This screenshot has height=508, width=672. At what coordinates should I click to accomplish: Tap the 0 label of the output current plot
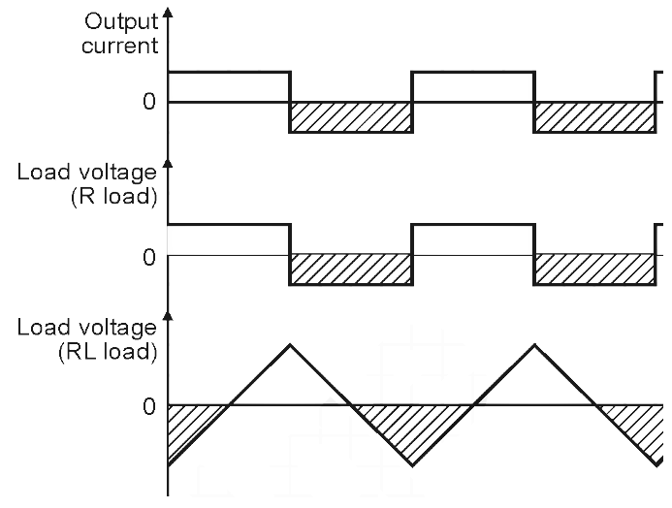(148, 102)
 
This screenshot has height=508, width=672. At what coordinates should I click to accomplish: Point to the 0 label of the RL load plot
(148, 405)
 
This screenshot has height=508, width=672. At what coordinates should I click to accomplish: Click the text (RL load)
(118, 351)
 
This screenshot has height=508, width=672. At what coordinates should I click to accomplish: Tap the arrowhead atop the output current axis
(169, 14)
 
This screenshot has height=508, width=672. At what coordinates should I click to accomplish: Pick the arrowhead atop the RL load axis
(169, 317)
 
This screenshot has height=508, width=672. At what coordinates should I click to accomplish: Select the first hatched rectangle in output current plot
(351, 116)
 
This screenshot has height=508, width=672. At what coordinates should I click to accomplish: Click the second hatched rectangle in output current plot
(594, 116)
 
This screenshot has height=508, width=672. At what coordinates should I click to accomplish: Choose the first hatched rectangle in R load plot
(351, 270)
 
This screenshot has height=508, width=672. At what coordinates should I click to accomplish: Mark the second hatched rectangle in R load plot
(594, 270)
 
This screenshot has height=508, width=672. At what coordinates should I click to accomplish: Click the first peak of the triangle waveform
(290, 343)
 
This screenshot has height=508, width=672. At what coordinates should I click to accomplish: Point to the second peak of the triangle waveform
(533, 343)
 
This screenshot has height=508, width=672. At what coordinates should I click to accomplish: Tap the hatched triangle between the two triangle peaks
(411, 427)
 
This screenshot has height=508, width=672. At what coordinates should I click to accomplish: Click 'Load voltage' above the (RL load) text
(86, 328)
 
